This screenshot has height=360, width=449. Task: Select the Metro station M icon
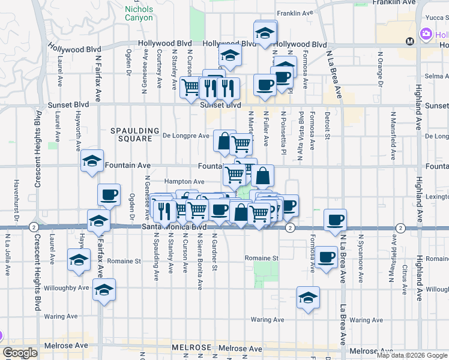point(410,41)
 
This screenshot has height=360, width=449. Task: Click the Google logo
point(20,353)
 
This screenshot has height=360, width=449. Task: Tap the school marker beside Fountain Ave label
point(92,161)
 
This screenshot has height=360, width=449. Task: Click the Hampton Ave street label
point(184,181)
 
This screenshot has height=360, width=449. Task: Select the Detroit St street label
point(328,125)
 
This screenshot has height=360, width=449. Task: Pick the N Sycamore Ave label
point(361,259)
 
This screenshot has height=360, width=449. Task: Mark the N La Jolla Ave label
point(8,255)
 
